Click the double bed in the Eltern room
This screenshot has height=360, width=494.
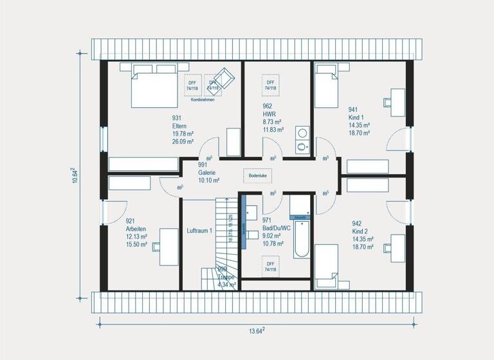[x=155, y=91]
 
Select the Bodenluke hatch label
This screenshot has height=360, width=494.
[x=257, y=175]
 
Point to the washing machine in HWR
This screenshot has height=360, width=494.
[x=302, y=134]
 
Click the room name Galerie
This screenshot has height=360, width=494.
[x=207, y=173]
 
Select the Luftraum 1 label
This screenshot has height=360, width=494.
[x=199, y=230]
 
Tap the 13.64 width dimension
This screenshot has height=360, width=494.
[x=258, y=331]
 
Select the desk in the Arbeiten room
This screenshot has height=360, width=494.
[x=168, y=246]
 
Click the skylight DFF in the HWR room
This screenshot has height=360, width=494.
[x=270, y=85]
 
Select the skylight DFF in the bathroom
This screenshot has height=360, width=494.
[x=270, y=267]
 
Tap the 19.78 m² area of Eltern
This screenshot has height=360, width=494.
[x=184, y=134]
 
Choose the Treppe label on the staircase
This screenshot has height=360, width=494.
[x=227, y=276]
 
